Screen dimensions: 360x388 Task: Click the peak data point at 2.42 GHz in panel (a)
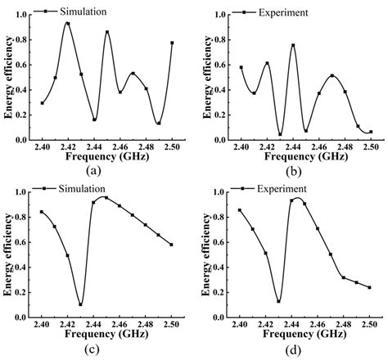(67, 23)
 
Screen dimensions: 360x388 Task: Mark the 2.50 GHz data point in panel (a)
(172, 43)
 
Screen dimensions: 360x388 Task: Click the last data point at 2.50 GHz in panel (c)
(172, 245)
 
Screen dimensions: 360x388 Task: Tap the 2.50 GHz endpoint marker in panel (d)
(370, 287)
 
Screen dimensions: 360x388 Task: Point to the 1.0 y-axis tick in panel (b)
(221, 15)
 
